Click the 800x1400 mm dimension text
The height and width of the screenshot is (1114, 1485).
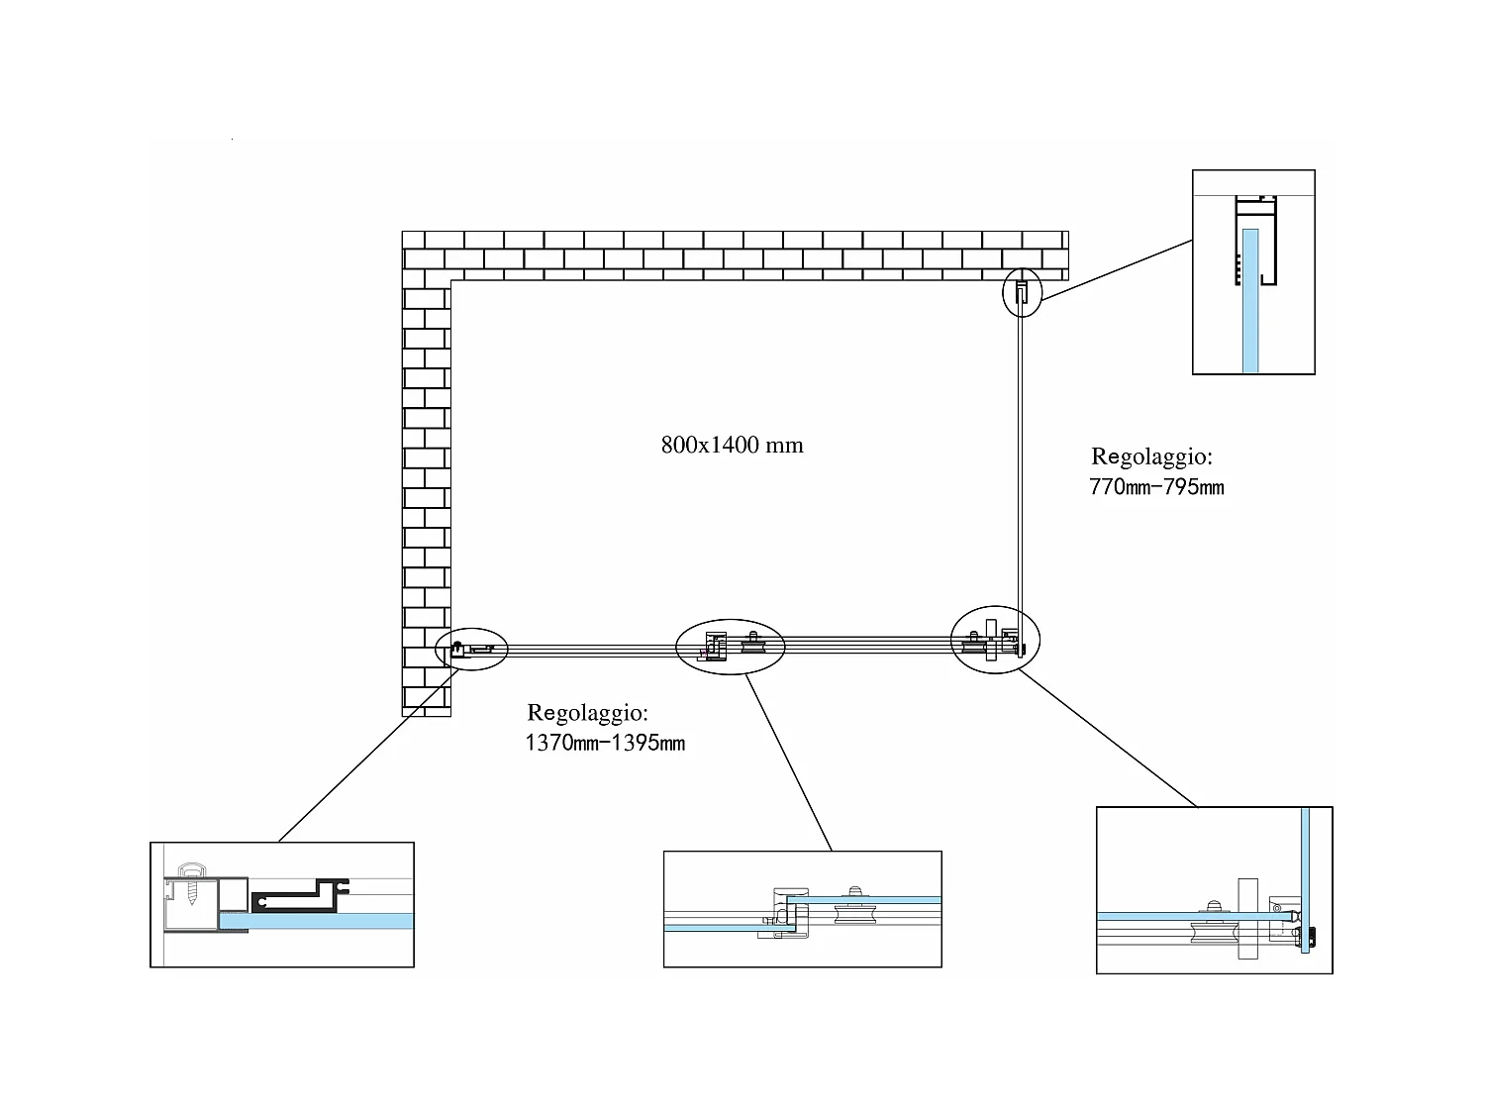pos(732,445)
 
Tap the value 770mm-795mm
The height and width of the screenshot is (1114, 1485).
pos(1156,487)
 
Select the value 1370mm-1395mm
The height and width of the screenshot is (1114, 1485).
pos(605,743)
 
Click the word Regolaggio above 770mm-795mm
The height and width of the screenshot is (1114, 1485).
pos(1151,457)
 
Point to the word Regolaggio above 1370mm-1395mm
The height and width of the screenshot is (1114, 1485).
pos(587,713)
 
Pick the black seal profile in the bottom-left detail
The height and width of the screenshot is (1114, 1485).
pos(300,896)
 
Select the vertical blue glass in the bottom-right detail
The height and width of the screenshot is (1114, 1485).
pos(1305,879)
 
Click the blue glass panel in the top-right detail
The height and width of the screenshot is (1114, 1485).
pos(1250,301)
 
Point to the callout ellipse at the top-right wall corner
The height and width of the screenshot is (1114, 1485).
pos(1022,292)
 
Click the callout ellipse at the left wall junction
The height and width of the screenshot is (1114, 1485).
pos(471,649)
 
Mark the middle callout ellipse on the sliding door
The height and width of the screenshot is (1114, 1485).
pos(730,646)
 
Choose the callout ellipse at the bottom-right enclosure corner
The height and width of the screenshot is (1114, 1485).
pos(995,639)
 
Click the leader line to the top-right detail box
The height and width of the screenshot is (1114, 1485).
pos(1117,269)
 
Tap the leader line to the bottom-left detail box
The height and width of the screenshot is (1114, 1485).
pos(369,755)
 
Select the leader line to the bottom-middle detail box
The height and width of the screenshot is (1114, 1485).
pos(788,762)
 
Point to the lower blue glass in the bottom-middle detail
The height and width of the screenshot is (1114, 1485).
pos(730,927)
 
